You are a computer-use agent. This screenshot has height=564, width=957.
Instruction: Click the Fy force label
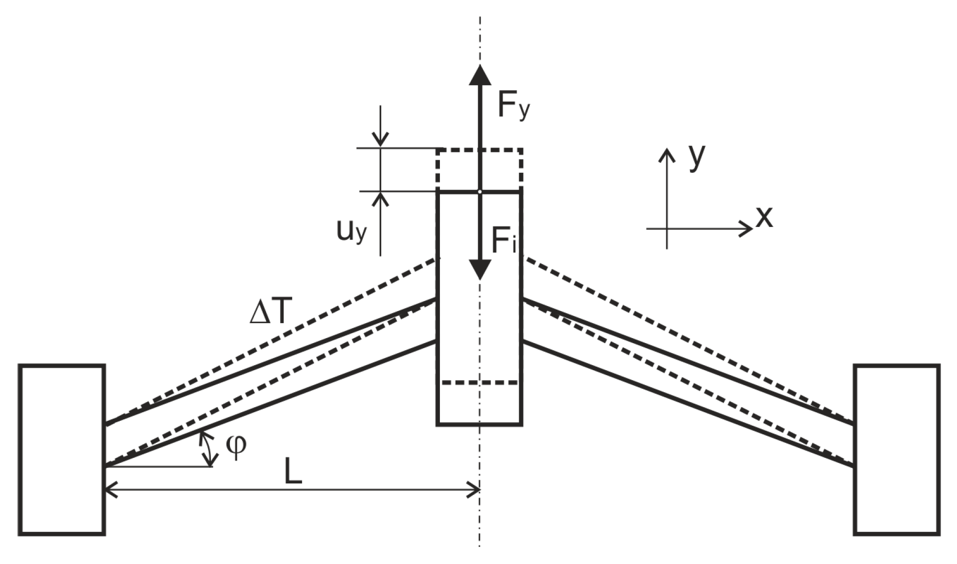pyautogui.click(x=513, y=106)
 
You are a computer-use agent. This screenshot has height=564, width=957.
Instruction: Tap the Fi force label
pyautogui.click(x=503, y=241)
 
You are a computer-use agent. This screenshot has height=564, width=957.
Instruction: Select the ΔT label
pyautogui.click(x=270, y=313)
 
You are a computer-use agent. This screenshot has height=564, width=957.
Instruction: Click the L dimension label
pyautogui.click(x=293, y=471)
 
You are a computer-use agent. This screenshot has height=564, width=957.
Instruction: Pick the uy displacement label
pyautogui.click(x=351, y=231)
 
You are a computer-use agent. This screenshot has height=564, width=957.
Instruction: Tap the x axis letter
pyautogui.click(x=764, y=217)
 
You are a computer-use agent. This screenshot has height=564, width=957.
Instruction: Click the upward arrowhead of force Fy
pyautogui.click(x=480, y=75)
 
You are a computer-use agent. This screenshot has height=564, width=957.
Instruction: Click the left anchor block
pyautogui.click(x=62, y=449)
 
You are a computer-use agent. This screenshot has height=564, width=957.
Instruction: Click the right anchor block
pyautogui.click(x=896, y=449)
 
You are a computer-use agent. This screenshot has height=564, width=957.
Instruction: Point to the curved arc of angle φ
pyautogui.click(x=206, y=448)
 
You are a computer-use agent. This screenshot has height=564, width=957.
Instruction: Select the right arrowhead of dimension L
pyautogui.click(x=475, y=489)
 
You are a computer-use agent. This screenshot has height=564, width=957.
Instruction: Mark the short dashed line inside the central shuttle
pyautogui.click(x=480, y=383)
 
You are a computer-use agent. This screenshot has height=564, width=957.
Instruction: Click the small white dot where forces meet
pyautogui.click(x=480, y=191)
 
